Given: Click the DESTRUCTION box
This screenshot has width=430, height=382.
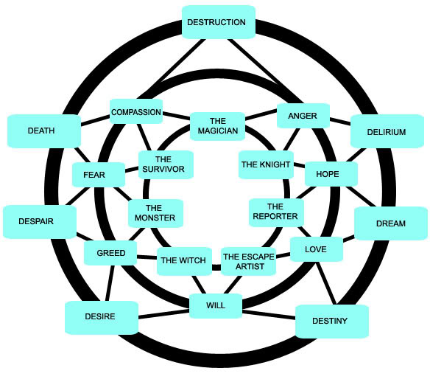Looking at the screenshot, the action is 219,22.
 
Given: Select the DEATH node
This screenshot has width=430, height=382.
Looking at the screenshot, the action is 44,131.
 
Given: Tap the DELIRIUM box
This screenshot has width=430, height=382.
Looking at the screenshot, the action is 387,131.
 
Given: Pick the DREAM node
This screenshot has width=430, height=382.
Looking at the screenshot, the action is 391,223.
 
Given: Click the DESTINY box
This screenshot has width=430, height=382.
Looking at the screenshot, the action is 332,321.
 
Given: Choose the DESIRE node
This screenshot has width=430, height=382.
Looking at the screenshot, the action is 102,318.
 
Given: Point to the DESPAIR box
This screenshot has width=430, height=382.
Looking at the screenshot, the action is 40,222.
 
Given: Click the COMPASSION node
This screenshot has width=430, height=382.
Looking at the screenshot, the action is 136,111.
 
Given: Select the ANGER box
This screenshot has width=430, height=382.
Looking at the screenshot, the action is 303,116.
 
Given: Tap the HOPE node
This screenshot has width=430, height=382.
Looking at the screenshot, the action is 331,174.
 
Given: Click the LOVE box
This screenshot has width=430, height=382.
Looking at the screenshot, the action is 316,249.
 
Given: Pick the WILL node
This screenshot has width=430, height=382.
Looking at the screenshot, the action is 216,306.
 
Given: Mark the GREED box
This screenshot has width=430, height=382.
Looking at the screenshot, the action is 110,253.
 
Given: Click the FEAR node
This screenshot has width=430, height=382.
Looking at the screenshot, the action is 99,175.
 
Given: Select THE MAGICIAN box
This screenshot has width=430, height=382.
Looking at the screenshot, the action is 217,126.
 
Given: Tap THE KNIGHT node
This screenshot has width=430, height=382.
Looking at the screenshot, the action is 266,164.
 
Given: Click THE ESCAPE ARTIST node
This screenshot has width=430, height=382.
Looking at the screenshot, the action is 248,261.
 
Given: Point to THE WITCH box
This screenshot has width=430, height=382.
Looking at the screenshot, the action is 184,261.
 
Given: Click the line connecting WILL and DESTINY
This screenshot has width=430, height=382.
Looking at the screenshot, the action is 269,315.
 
